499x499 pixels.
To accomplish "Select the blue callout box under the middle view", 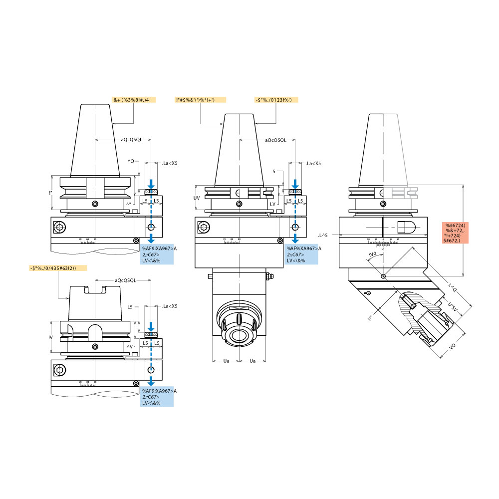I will pos(301,254).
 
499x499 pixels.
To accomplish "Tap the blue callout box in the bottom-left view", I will pos(157,397).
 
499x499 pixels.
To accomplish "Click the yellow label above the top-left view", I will pos(134,100).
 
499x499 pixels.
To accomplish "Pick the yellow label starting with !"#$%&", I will pos(200,100).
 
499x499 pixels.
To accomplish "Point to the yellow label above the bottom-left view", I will pos(58,268).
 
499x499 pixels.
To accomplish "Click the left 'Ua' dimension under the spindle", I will pos(226,360).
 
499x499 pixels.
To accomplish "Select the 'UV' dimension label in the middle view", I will pos(197,198).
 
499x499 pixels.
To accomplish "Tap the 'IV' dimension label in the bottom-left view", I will pos(51,337).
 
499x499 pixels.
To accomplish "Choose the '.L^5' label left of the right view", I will pos(323,235).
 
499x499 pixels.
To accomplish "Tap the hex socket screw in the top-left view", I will pos(59,228).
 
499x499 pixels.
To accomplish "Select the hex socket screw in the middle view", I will pos(203,228).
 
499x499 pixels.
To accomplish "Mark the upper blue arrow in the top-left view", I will pos(151,185).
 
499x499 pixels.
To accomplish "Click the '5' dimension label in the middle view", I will pos(274,171).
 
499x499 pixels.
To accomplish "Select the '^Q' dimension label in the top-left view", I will pos(131,161).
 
